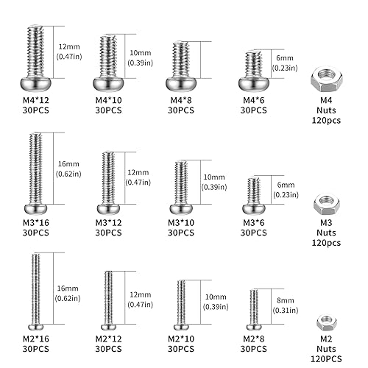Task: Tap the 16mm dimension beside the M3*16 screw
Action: click(66, 169)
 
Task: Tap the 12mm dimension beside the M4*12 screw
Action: click(66, 46)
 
